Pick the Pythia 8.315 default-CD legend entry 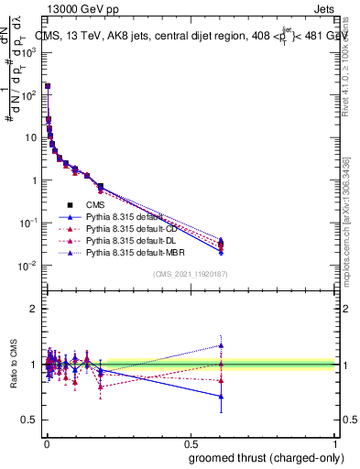pos(132,227)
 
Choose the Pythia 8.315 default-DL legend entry pos(132,238)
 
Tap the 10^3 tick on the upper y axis pos(30,52)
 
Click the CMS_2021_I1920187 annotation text pos(190,274)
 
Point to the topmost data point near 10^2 pos(47,86)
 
